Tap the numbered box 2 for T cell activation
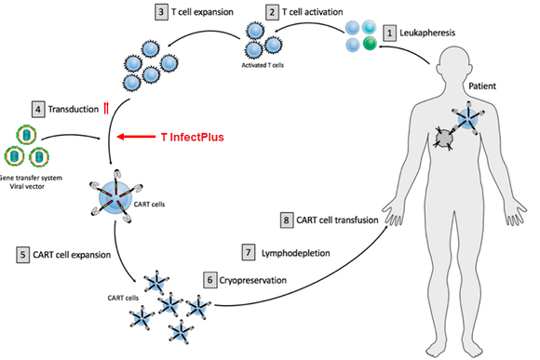point(273,13)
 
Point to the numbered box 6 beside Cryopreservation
point(209,278)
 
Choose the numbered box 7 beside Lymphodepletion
point(248,252)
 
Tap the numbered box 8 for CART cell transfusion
point(288,220)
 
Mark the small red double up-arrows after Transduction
point(106,109)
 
